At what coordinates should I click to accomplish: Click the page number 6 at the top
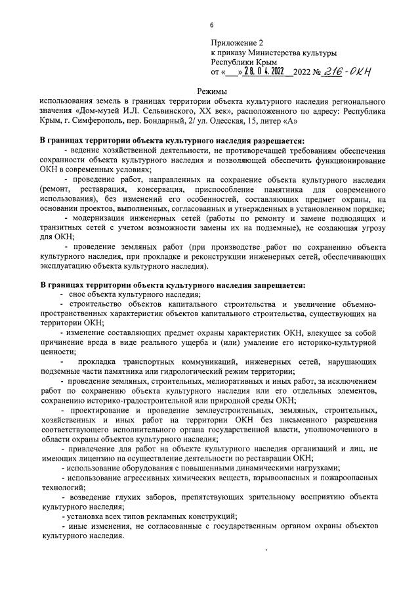coord(211,25)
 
